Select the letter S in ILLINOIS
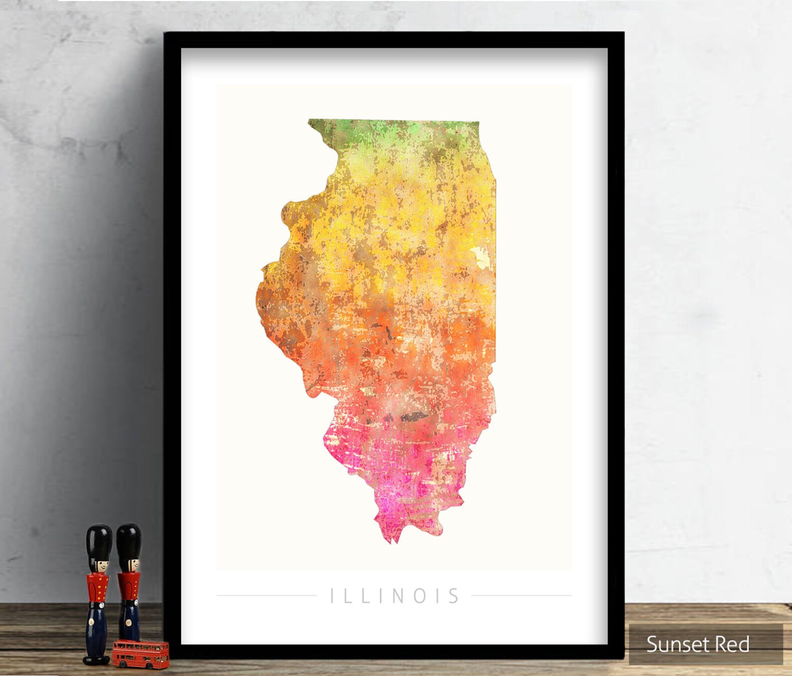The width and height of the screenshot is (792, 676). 453,596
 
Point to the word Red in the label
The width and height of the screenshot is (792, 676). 733,644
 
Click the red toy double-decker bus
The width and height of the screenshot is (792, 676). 141,654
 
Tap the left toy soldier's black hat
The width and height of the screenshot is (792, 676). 99,541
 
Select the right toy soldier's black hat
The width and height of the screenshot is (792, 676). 129,540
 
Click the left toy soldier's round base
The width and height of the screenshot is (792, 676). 96,660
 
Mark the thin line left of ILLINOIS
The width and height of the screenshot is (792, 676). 267,595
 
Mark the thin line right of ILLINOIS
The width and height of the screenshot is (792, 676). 521,595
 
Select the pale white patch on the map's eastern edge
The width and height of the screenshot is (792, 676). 482,256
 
